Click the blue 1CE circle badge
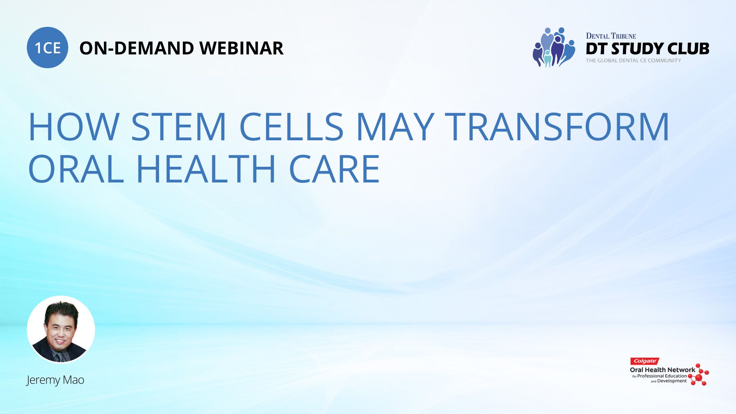click(x=48, y=48)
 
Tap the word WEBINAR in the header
click(x=242, y=48)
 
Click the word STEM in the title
click(x=179, y=127)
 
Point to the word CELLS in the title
click(x=291, y=127)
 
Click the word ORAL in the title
click(x=76, y=169)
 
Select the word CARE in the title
click(x=334, y=169)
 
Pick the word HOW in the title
click(x=74, y=127)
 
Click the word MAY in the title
click(x=395, y=127)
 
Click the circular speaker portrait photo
click(x=61, y=329)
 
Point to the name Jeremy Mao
click(x=55, y=380)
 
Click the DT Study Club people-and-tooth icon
click(x=554, y=48)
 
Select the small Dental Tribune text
click(x=611, y=36)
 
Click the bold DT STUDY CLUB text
click(x=647, y=49)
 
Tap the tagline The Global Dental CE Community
click(x=633, y=61)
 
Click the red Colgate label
click(x=645, y=361)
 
